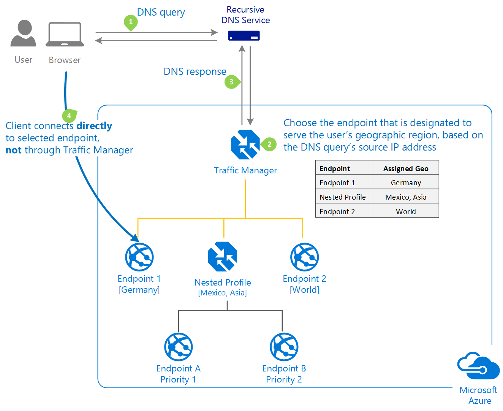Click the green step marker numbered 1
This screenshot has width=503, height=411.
tap(131, 22)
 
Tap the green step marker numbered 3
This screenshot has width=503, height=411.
tap(231, 82)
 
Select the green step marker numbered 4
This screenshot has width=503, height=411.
tap(69, 116)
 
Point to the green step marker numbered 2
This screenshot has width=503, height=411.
tap(269, 144)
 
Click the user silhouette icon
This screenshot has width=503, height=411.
tap(24, 33)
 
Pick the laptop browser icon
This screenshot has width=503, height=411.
tap(65, 35)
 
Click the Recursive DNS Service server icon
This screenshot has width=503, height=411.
tap(244, 36)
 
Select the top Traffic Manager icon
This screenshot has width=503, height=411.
tap(245, 144)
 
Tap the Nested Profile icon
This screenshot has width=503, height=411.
tap(223, 257)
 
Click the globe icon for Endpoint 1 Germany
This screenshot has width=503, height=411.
tap(139, 257)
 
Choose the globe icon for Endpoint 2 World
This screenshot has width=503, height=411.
tap(304, 257)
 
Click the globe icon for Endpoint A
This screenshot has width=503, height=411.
tap(178, 347)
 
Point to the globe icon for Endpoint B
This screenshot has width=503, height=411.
tap(284, 347)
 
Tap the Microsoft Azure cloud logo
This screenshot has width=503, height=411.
tap(478, 366)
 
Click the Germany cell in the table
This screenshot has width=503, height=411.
tap(406, 182)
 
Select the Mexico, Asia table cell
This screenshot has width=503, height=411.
tap(406, 197)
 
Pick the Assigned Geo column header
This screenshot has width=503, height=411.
tap(406, 168)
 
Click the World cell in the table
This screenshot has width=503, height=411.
tap(406, 211)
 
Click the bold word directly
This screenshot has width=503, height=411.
tap(94, 126)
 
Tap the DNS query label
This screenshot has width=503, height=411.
tap(161, 12)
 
